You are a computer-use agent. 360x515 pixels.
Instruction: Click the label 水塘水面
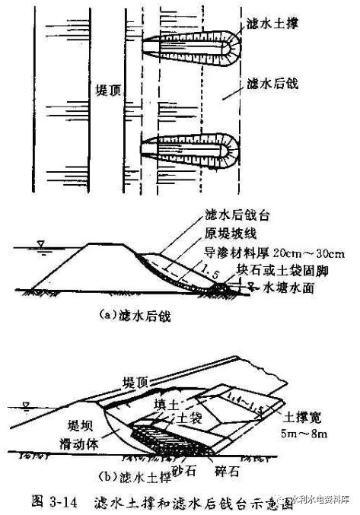click(286, 288)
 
